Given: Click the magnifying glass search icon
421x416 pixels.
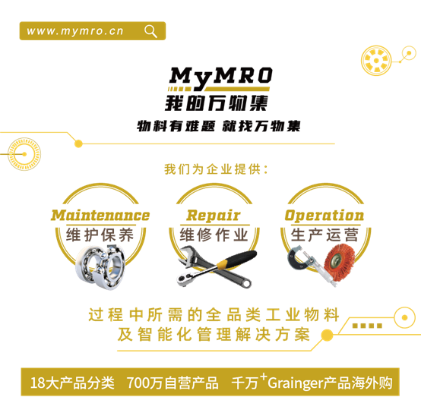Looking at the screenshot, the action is (x=150, y=31).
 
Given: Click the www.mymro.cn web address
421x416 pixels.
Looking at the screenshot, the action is (x=75, y=31).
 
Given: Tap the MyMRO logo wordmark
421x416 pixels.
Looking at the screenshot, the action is (x=220, y=77).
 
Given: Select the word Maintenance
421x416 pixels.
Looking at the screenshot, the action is (x=100, y=216).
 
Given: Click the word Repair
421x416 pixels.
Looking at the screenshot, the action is (x=214, y=216).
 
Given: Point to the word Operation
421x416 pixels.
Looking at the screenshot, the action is (x=324, y=216).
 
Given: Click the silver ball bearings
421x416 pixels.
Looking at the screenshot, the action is (x=100, y=267).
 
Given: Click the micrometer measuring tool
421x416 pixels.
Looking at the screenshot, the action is (x=309, y=264).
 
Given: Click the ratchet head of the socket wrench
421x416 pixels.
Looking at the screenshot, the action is (x=185, y=279).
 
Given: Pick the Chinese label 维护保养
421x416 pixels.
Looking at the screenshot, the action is (x=100, y=235).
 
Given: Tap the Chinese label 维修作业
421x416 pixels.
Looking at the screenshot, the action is (x=214, y=235).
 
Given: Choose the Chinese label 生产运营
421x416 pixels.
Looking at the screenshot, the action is (x=324, y=235).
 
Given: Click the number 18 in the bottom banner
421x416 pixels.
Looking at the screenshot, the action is (x=37, y=383).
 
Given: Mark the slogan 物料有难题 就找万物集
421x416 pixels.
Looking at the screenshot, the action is (x=219, y=126).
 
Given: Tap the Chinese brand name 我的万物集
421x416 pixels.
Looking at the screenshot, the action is (x=217, y=103).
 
